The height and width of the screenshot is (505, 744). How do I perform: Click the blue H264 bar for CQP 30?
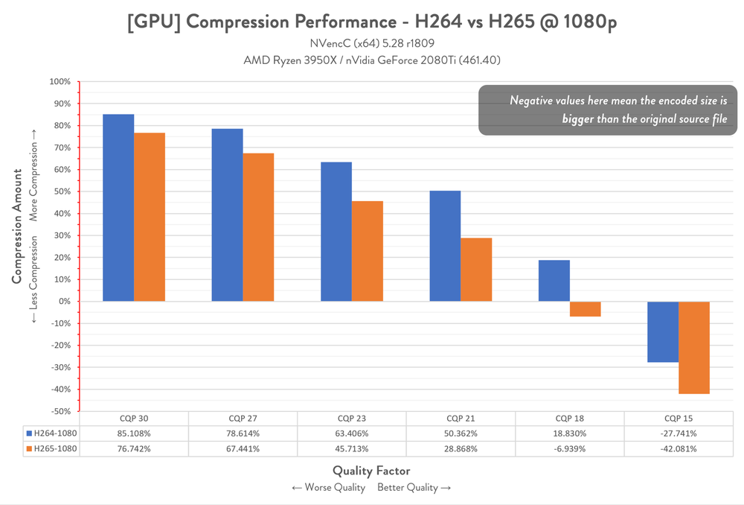(118, 208)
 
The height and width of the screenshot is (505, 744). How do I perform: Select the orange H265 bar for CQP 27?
(258, 227)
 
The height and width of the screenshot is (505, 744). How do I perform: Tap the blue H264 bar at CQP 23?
(336, 232)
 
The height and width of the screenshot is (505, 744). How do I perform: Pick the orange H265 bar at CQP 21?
(476, 270)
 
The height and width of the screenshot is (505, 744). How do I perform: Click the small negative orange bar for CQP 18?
(586, 309)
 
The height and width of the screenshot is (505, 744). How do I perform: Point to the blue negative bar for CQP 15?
(663, 331)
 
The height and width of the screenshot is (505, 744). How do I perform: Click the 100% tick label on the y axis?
(60, 82)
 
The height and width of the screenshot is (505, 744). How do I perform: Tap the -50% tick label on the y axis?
(60, 411)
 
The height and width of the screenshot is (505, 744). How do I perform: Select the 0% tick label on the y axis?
(63, 302)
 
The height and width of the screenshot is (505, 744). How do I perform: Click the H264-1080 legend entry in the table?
(52, 433)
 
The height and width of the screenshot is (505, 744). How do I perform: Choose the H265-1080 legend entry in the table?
(52, 449)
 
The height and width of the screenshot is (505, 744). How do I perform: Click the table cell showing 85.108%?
(134, 433)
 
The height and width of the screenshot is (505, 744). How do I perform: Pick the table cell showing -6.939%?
(569, 449)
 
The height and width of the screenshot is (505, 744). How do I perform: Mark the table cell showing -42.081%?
(679, 449)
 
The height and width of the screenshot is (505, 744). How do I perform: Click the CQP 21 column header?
(461, 418)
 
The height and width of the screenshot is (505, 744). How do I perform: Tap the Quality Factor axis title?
(371, 471)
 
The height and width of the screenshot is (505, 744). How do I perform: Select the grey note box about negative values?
(606, 109)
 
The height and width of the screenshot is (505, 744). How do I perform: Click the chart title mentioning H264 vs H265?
(371, 22)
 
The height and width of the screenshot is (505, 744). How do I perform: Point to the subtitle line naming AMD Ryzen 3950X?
(371, 60)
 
